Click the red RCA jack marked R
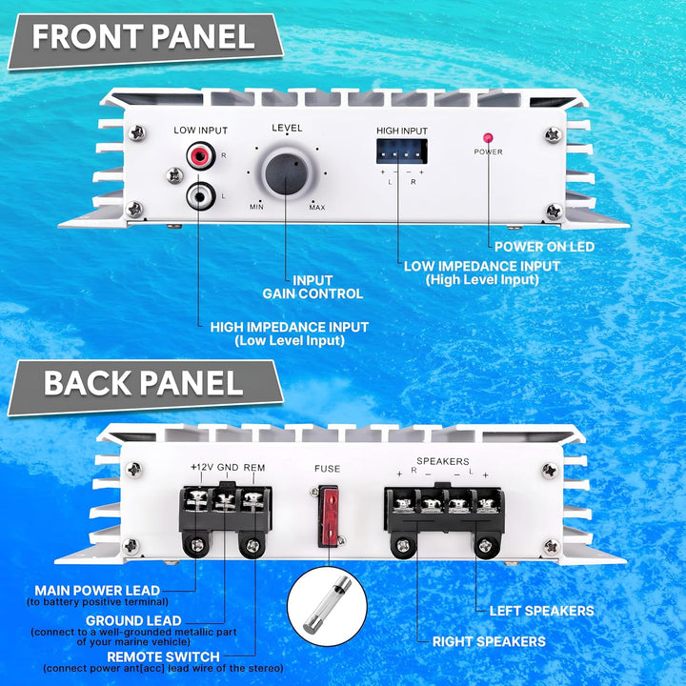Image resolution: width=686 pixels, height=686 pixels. click(x=201, y=155)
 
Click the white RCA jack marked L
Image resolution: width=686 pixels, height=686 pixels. click(x=201, y=196)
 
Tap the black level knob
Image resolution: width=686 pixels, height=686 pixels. click(x=287, y=173)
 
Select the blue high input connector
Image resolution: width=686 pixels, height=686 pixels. click(x=402, y=151)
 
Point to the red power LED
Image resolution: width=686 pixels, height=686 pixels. click(x=488, y=138)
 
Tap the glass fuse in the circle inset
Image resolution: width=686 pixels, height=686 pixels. click(x=327, y=604)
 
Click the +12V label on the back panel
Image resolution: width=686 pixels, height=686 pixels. click(x=202, y=467)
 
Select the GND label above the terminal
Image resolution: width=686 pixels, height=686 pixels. click(x=228, y=467)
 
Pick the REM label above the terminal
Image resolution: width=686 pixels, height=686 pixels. click(x=254, y=468)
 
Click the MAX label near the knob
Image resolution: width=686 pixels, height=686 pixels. click(x=317, y=208)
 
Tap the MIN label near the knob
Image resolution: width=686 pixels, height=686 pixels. click(x=256, y=207)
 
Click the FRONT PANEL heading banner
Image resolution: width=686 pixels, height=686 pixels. click(x=145, y=40)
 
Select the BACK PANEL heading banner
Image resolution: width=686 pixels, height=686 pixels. click(x=145, y=387)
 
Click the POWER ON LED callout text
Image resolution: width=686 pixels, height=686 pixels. click(x=544, y=247)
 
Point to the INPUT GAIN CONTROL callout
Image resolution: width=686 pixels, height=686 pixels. click(x=313, y=287)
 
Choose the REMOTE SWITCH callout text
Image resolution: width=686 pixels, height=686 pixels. click(x=163, y=656)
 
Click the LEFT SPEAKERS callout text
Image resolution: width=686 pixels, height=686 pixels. click(x=541, y=611)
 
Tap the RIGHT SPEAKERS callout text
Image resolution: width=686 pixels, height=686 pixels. click(x=489, y=641)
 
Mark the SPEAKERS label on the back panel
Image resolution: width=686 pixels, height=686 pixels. click(x=443, y=461)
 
